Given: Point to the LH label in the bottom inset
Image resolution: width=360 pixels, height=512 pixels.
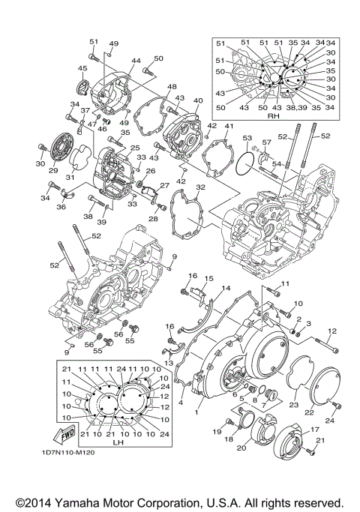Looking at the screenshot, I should click(x=118, y=443).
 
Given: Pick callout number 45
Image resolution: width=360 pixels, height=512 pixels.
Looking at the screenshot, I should click(x=82, y=69).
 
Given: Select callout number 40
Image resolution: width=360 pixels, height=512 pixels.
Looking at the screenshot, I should click(x=198, y=100).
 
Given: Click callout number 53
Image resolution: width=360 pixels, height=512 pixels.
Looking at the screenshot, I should click(x=247, y=138).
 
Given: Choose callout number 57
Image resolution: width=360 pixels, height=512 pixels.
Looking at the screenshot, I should click(x=265, y=142).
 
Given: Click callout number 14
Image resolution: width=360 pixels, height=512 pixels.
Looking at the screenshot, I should click(x=226, y=289).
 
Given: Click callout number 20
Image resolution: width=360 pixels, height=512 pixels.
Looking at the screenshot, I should click(x=241, y=448).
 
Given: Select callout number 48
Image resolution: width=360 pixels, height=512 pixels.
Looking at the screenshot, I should click(x=171, y=88).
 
